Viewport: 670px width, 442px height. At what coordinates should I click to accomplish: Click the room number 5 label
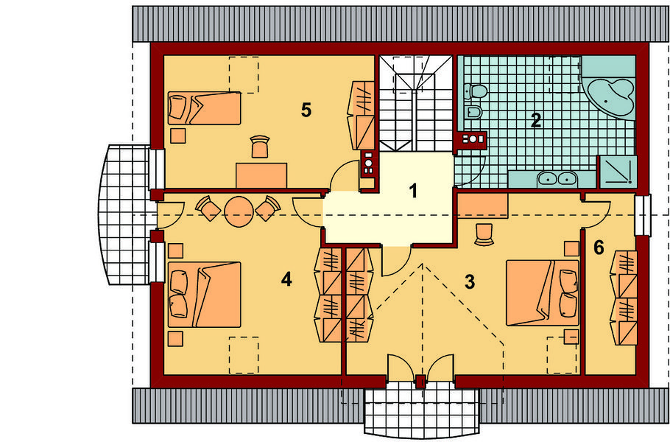click(x=306, y=110)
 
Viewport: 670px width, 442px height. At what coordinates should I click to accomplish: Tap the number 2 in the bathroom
click(x=535, y=120)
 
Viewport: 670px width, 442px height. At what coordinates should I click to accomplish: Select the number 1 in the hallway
click(x=413, y=191)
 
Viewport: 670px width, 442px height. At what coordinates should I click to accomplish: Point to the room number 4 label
click(x=286, y=279)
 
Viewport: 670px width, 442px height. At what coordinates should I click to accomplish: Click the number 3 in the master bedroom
click(x=470, y=281)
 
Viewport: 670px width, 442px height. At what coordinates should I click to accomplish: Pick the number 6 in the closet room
click(x=599, y=248)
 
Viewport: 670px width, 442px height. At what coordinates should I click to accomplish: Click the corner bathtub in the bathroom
click(x=609, y=97)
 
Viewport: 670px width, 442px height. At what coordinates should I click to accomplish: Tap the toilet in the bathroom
click(x=476, y=91)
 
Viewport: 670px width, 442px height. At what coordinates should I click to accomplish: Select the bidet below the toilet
click(x=473, y=112)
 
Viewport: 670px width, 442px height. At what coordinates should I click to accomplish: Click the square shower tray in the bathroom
click(x=618, y=172)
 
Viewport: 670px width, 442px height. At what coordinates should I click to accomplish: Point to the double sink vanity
click(x=551, y=179)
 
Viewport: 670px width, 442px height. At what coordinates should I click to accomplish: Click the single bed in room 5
click(x=204, y=108)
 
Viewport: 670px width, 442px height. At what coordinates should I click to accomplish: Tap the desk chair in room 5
click(x=260, y=147)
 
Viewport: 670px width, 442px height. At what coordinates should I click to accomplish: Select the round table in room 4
click(x=239, y=211)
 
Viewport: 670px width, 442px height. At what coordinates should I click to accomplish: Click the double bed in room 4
click(x=204, y=295)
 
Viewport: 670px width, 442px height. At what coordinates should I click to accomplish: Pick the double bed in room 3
click(x=543, y=292)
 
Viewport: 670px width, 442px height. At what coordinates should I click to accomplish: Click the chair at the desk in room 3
click(x=484, y=235)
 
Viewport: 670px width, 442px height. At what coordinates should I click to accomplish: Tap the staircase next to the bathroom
click(x=416, y=103)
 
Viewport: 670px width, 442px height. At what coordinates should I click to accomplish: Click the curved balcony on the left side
click(x=124, y=215)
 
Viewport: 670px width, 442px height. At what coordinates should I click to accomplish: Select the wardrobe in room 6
click(x=624, y=298)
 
